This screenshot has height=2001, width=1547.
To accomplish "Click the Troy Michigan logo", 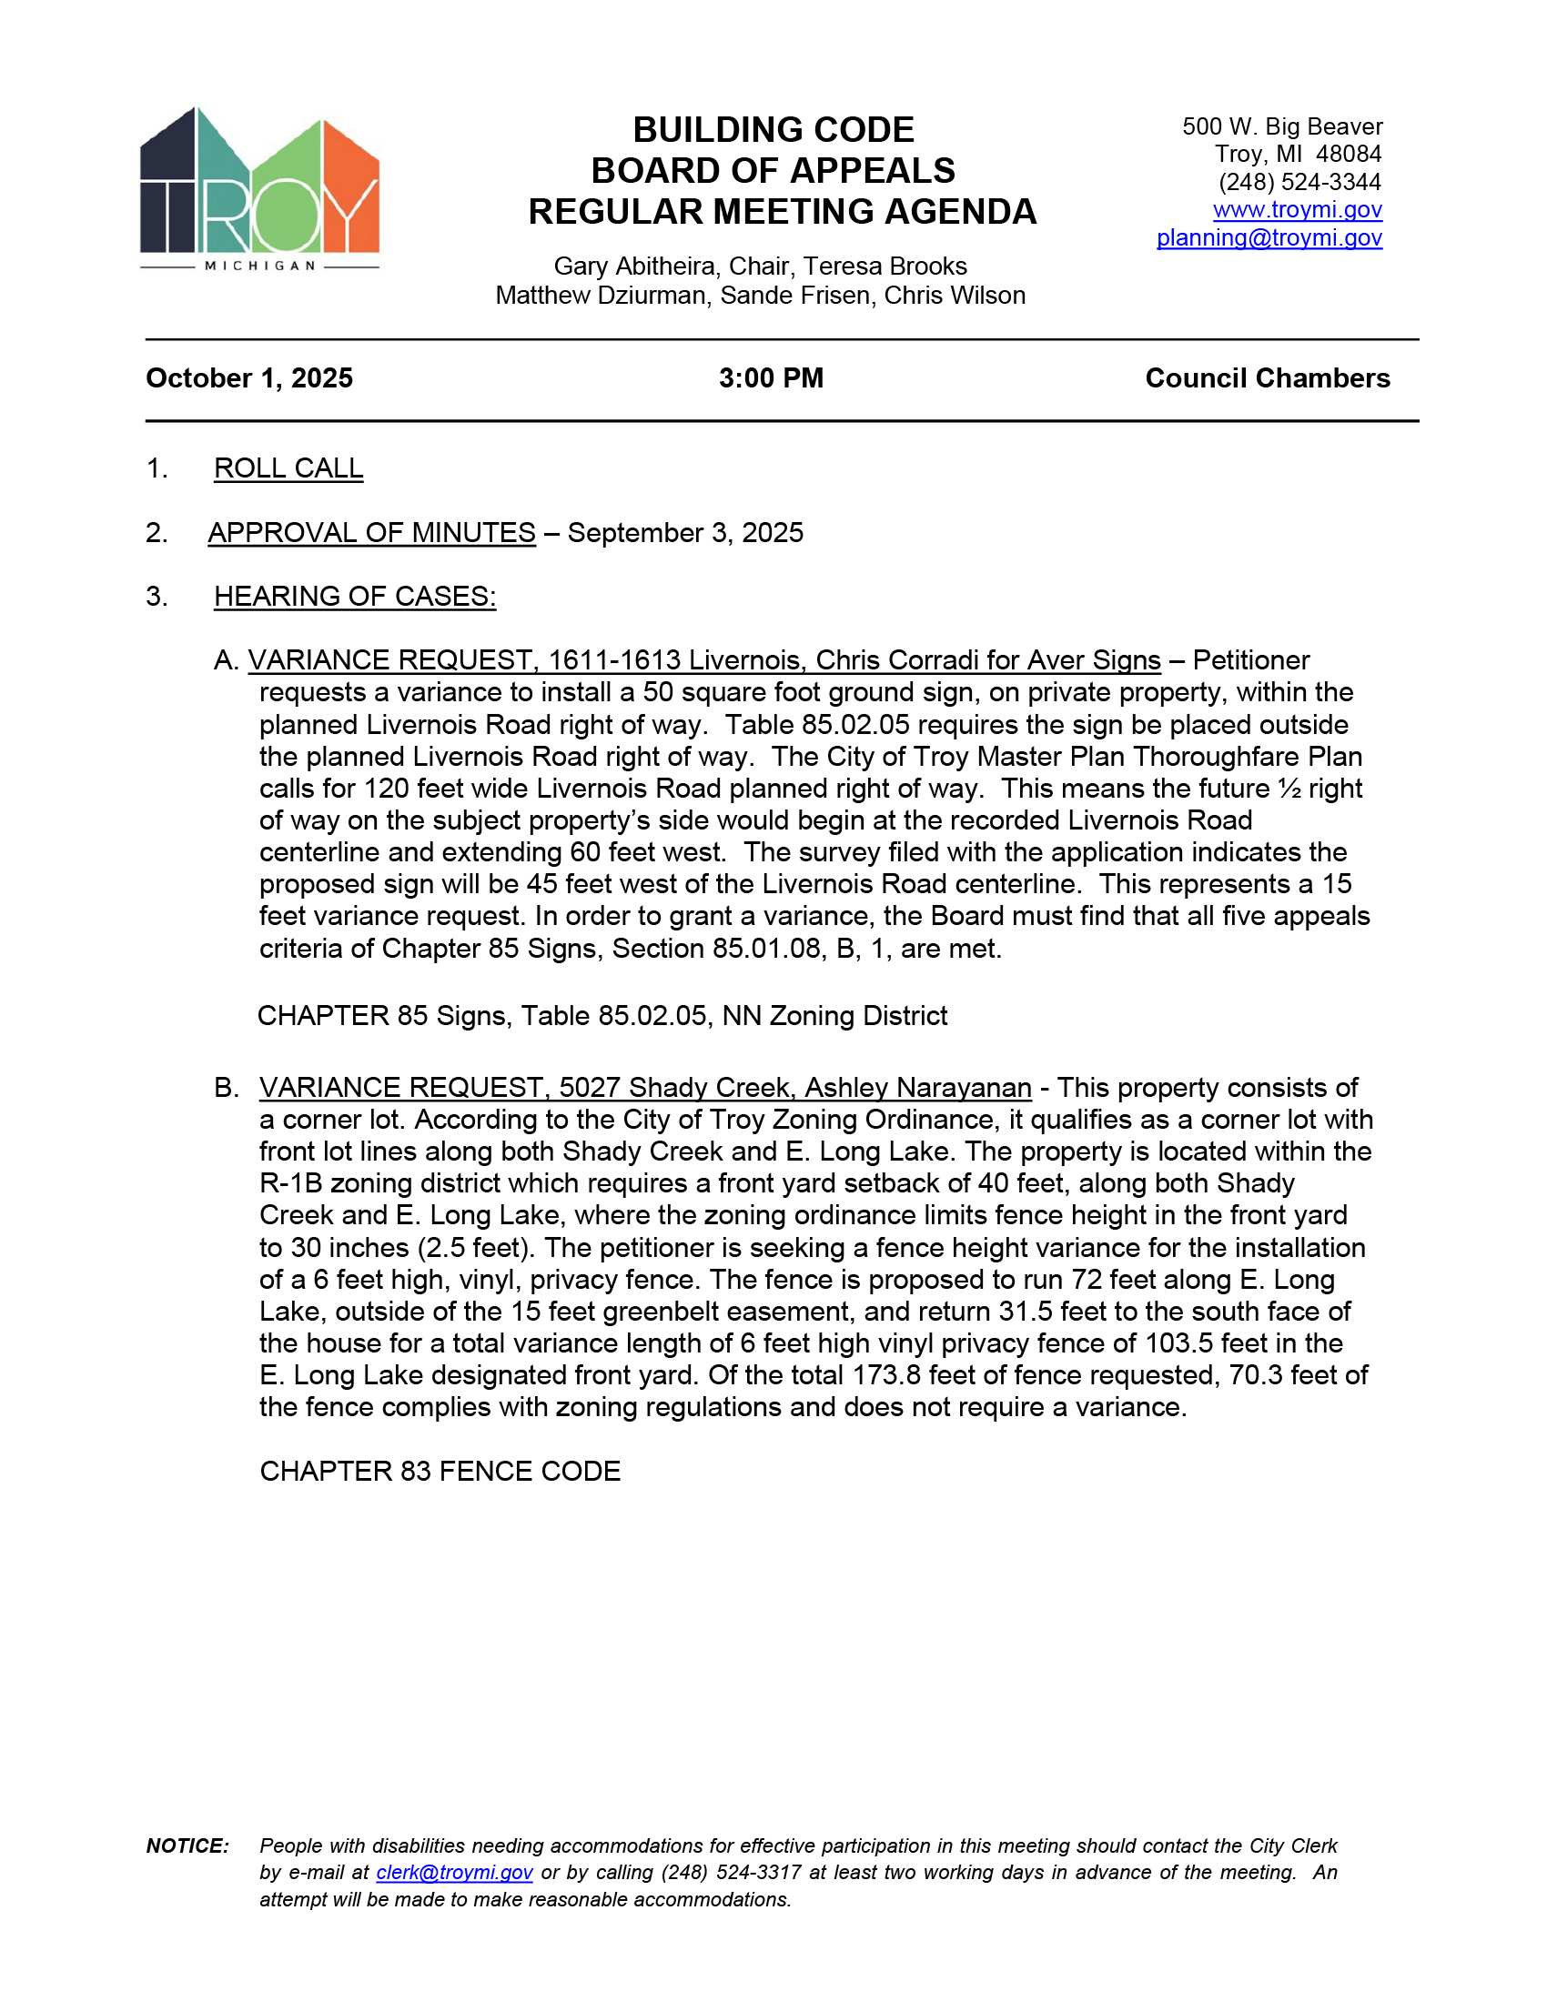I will tap(259, 188).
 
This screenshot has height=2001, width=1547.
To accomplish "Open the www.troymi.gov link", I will tap(1297, 210).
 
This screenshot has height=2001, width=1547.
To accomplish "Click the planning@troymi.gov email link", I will tap(1269, 238).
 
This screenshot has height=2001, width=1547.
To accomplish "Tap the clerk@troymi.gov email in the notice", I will tap(454, 1872).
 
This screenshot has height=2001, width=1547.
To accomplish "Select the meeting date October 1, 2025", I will tap(249, 378).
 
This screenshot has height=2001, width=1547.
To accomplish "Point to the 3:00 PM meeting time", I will tap(771, 378).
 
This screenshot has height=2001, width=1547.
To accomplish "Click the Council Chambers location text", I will tap(1267, 378).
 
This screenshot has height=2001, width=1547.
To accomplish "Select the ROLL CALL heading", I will tap(288, 468).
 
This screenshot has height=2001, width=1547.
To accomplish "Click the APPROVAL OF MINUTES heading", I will tap(371, 532).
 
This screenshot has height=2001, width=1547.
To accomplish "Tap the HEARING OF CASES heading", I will tap(355, 597).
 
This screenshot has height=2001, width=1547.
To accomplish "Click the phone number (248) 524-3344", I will tap(1299, 182).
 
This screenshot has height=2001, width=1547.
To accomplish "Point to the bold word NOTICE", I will tap(187, 1845).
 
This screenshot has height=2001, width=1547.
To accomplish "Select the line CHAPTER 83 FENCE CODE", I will tap(440, 1471).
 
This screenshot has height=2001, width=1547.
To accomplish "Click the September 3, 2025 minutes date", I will tap(684, 532).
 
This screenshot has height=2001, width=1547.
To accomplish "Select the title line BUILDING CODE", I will tap(773, 130).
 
